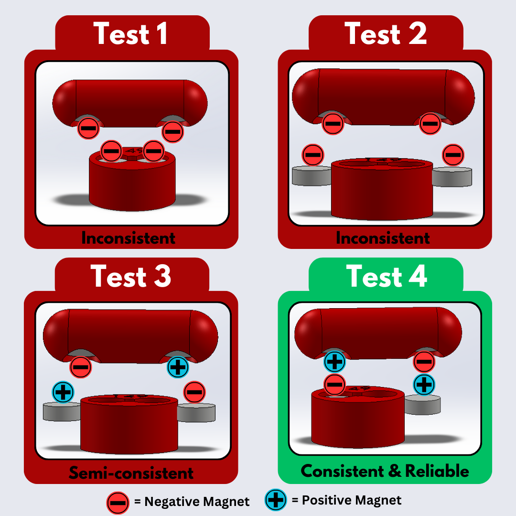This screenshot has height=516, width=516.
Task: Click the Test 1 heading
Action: click(130, 33)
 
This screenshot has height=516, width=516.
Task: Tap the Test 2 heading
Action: click(386, 33)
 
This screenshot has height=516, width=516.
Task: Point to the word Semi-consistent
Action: click(131, 473)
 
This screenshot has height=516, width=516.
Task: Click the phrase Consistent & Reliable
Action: click(385, 471)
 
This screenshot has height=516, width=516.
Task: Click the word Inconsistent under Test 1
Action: click(128, 238)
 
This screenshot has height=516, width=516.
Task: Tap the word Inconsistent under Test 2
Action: click(383, 238)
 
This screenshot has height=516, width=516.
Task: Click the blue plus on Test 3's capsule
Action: click(178, 367)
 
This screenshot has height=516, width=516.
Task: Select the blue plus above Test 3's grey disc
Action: click(63, 392)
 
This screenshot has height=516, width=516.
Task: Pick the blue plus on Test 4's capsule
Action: click(334, 362)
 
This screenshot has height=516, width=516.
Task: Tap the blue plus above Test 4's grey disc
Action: click(424, 385)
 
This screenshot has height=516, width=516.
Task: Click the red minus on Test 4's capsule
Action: click(424, 362)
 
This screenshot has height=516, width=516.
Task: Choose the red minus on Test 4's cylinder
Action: click(334, 385)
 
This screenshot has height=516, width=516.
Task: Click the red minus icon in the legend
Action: click(118, 503)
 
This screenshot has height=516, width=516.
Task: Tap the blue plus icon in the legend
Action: click(276, 500)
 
